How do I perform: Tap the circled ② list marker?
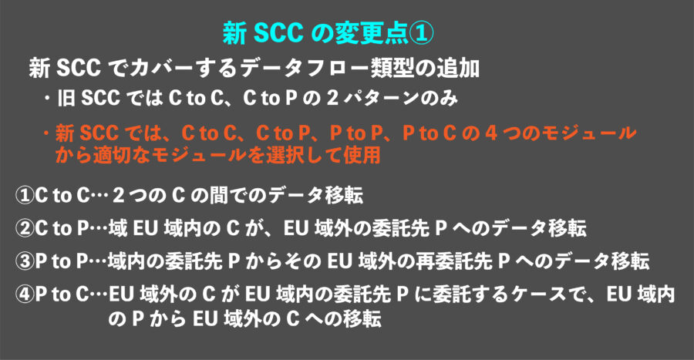25,228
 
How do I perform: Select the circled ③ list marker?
25,261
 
